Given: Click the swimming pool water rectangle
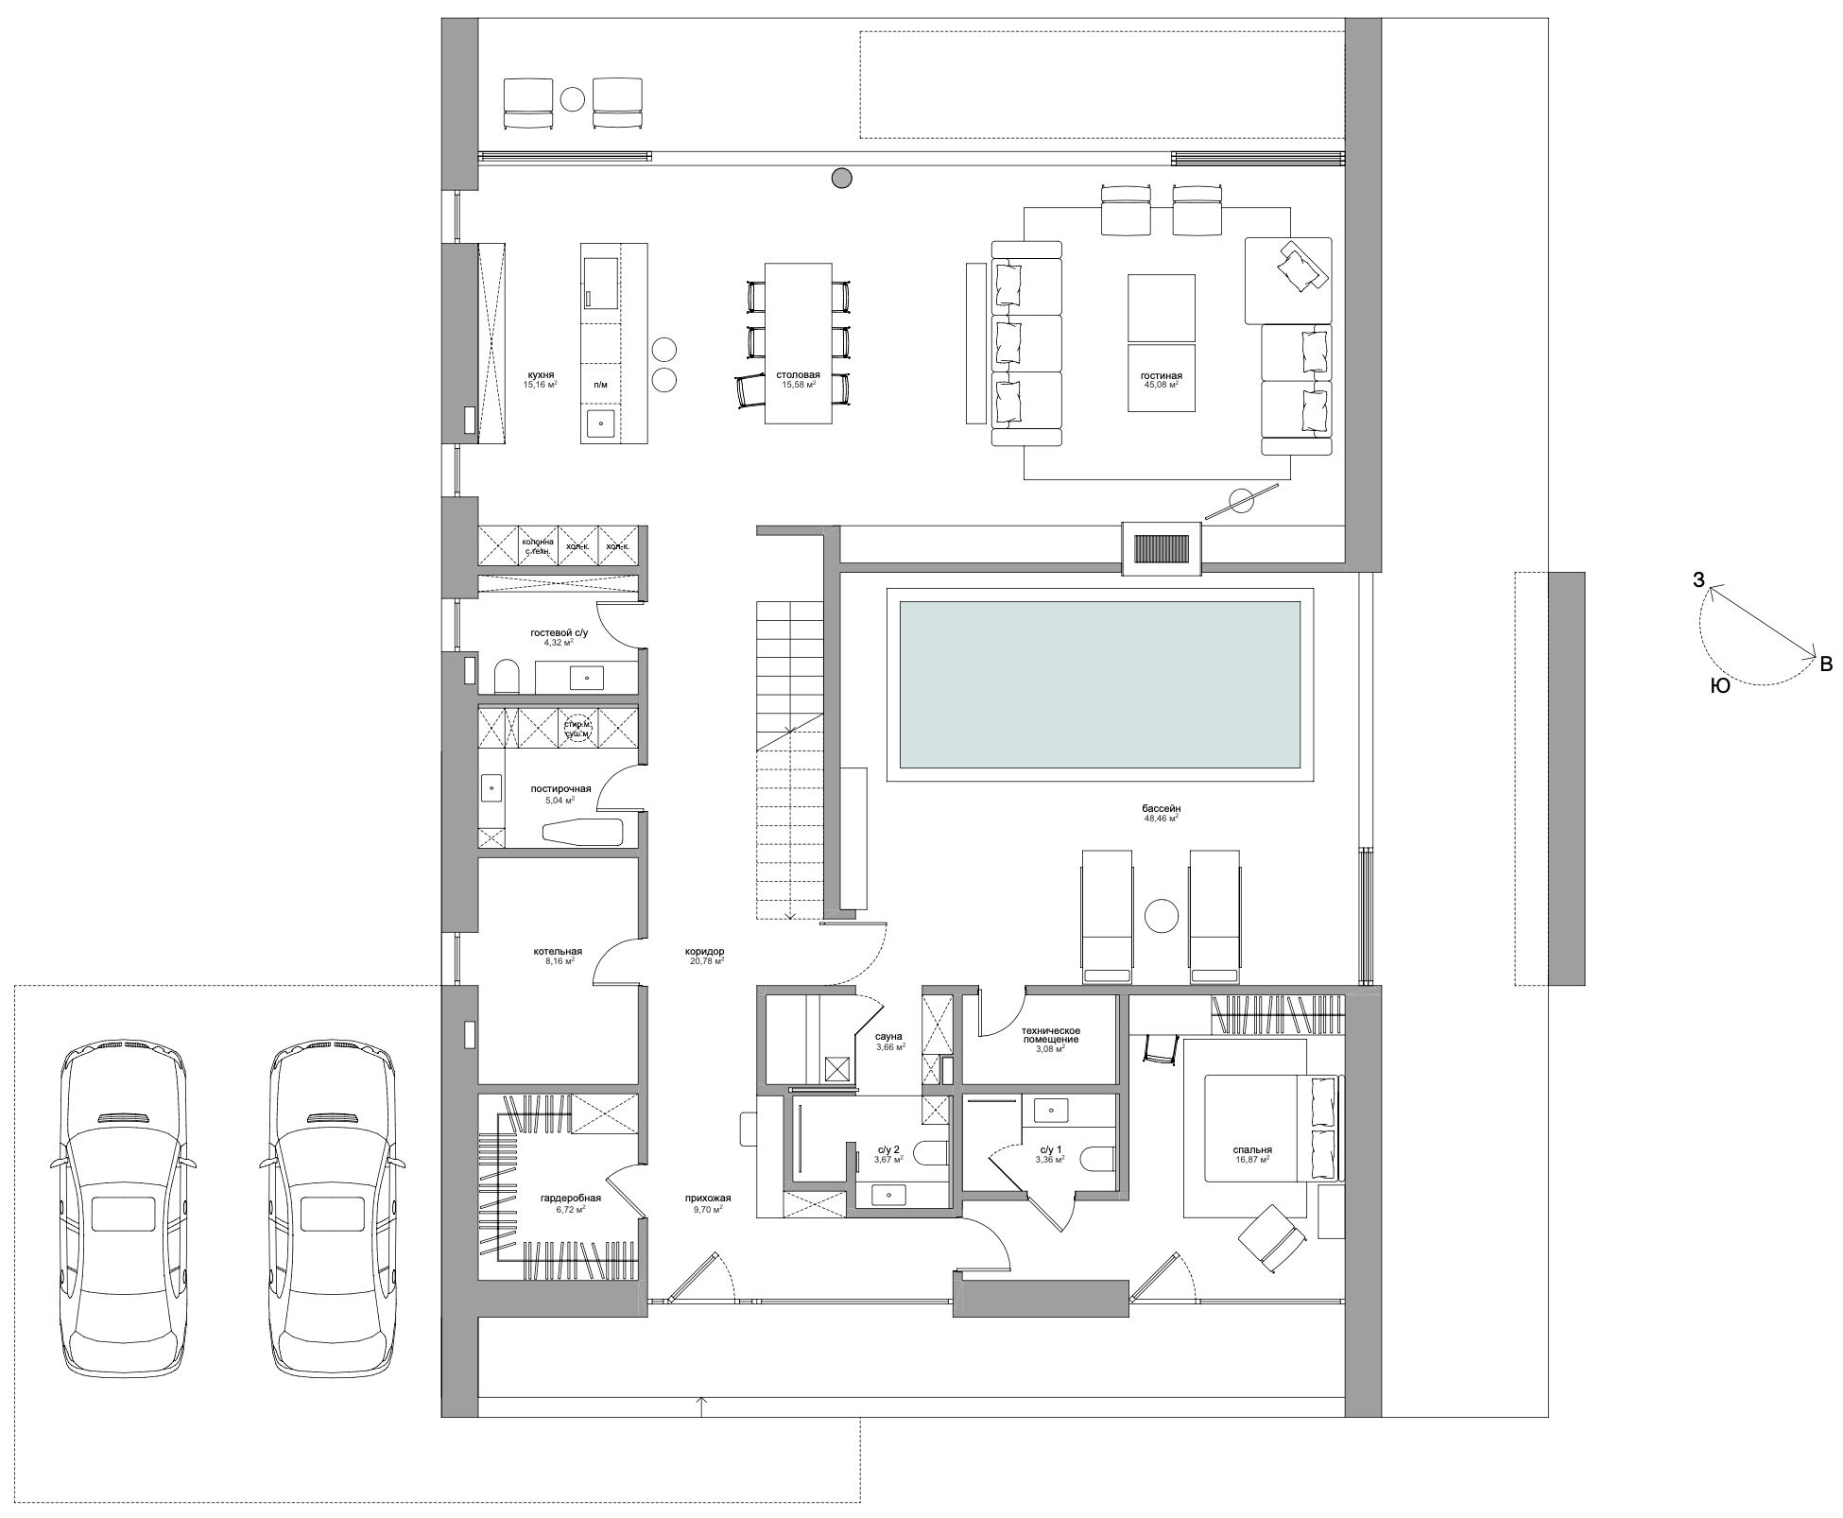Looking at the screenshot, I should pos(1099,685).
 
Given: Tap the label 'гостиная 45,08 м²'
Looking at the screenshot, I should pos(1161,380).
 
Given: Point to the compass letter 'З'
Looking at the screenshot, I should pos(1698,580).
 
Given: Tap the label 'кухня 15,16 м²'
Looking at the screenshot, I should pos(542,379).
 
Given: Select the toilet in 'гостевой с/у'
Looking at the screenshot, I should pos(508,677).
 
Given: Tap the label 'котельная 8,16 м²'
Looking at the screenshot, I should pos(558,956).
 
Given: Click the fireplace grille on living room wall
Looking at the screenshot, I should pos(1161,548).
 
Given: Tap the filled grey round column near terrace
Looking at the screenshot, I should pos(841,177).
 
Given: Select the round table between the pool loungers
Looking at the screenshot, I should pos(1160,916).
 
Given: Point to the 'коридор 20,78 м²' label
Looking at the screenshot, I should pos(705,956).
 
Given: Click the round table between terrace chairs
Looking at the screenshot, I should pos(572,97).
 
